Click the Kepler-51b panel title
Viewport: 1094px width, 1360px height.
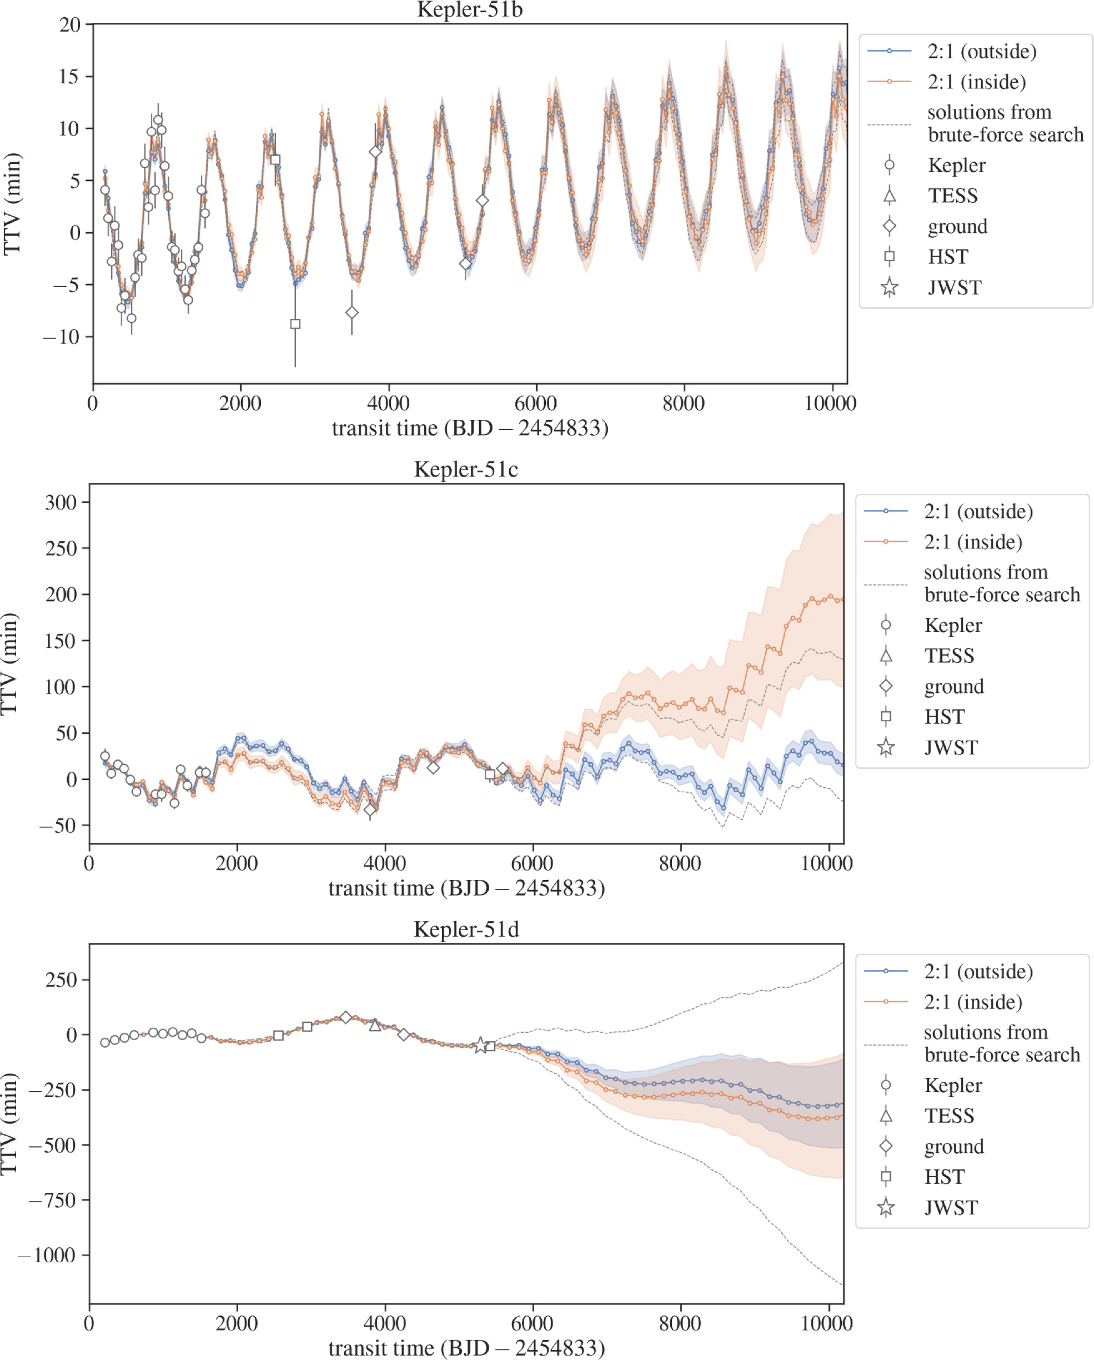click(x=470, y=10)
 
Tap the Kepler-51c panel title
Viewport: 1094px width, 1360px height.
click(x=466, y=470)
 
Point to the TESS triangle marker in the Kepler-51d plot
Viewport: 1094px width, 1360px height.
click(x=374, y=1026)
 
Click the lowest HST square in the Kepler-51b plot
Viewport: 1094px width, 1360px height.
click(x=295, y=324)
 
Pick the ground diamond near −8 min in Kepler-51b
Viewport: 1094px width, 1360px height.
click(x=352, y=313)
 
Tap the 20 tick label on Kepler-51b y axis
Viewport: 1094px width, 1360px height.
click(x=70, y=25)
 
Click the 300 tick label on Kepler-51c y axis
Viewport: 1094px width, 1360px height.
click(x=61, y=503)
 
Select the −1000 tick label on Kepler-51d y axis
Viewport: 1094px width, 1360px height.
click(x=48, y=1256)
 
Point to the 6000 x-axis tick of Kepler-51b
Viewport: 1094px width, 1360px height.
click(x=536, y=404)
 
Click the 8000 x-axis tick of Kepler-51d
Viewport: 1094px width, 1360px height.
click(x=680, y=1323)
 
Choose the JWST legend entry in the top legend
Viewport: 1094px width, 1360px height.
click(x=954, y=288)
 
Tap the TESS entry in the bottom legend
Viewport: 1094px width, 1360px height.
click(x=949, y=1116)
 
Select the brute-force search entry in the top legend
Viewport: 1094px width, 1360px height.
click(x=1005, y=124)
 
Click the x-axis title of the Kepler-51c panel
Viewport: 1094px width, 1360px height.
click(x=466, y=889)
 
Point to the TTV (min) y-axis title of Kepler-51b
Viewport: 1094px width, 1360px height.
click(x=13, y=204)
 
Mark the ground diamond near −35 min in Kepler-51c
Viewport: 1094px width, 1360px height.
click(x=370, y=810)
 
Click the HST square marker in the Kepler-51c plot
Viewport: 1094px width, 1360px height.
click(x=490, y=774)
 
